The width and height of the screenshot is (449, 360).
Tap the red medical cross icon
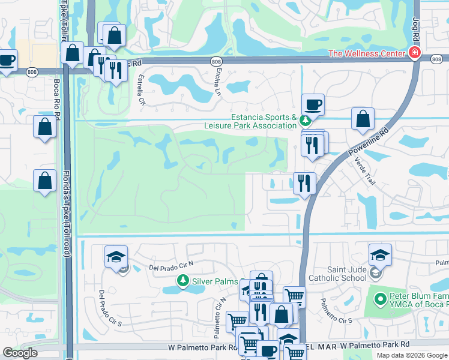(414, 54)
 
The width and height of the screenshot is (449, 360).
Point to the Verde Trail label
(364, 170)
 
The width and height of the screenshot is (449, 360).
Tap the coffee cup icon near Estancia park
(313, 105)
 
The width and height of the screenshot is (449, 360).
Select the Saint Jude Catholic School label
(337, 274)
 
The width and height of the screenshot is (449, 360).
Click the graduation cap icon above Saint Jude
(379, 255)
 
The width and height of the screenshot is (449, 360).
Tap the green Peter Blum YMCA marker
(379, 298)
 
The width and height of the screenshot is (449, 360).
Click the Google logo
(19, 353)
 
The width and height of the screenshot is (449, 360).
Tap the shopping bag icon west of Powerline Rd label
(363, 119)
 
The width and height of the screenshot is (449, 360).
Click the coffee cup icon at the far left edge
(5, 61)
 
